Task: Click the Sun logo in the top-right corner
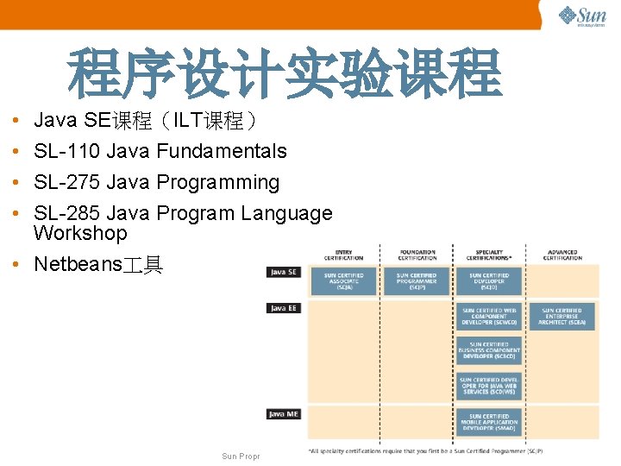click(582, 16)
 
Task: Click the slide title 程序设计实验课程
click(285, 74)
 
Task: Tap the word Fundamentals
click(222, 152)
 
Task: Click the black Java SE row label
click(284, 272)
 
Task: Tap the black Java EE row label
click(284, 308)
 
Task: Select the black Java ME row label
click(284, 414)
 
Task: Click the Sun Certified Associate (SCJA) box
click(342, 281)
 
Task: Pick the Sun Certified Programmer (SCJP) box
click(417, 281)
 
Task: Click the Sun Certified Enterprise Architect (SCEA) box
click(561, 316)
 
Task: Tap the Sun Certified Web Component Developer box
click(489, 316)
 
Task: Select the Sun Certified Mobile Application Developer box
click(489, 423)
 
